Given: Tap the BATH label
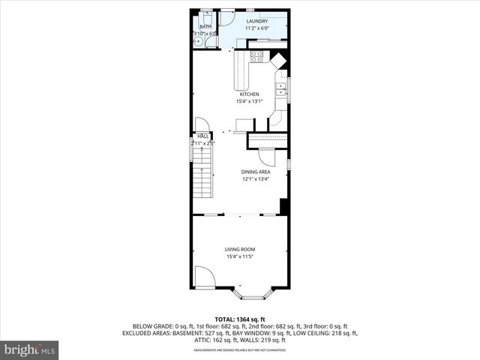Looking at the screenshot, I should pyautogui.click(x=205, y=26).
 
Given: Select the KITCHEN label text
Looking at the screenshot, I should pyautogui.click(x=249, y=94).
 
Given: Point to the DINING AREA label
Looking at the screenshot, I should pyautogui.click(x=256, y=172).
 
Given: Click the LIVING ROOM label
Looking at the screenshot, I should pyautogui.click(x=240, y=250).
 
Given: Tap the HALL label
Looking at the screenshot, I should pyautogui.click(x=202, y=136).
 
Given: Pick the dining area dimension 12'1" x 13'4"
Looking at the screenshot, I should pyautogui.click(x=256, y=179).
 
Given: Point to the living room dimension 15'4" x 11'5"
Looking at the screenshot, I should pyautogui.click(x=240, y=257).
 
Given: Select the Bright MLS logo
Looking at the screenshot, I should pyautogui.click(x=30, y=349).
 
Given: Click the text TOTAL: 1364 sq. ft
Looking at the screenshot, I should pyautogui.click(x=240, y=319).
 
